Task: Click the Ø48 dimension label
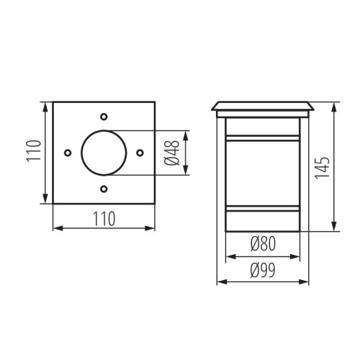tap(172, 153)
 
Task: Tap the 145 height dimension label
tap(322, 168)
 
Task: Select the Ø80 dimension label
tap(263, 243)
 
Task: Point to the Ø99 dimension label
tap(263, 270)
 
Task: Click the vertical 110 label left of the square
tap(34, 151)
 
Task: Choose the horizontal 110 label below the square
tap(104, 219)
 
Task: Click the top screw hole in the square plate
tap(104, 117)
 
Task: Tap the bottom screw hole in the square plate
tap(104, 189)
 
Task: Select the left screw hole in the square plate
tap(68, 153)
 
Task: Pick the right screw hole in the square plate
tap(140, 153)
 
